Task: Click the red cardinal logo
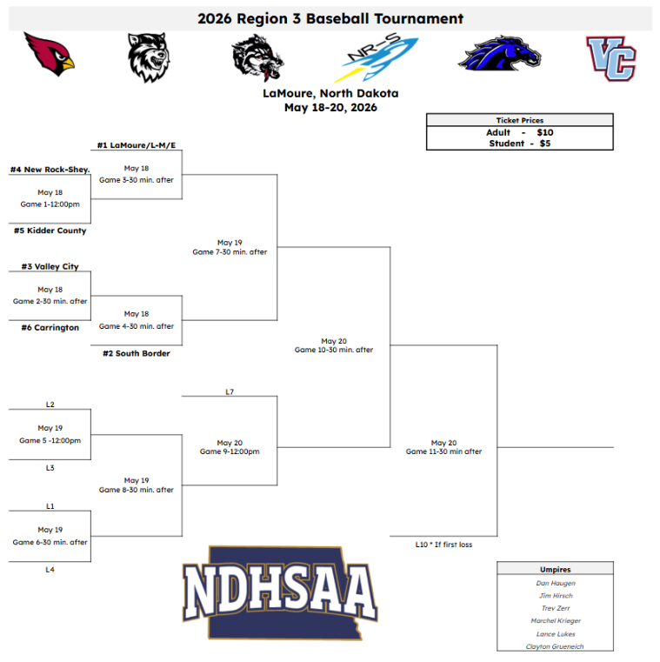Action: pyautogui.click(x=50, y=54)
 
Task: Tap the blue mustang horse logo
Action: pyautogui.click(x=500, y=53)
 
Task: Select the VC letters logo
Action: pyautogui.click(x=611, y=58)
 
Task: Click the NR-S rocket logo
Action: pyautogui.click(x=376, y=57)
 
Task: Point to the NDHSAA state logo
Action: pyautogui.click(x=280, y=592)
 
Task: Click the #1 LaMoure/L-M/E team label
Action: pyautogui.click(x=137, y=145)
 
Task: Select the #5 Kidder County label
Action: pyautogui.click(x=50, y=231)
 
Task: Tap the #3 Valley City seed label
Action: pyautogui.click(x=50, y=266)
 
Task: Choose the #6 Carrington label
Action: pyautogui.click(x=50, y=328)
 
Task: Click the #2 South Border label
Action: pyautogui.click(x=137, y=353)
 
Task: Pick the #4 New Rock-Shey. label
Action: pyautogui.click(x=50, y=170)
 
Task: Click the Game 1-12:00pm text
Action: pyautogui.click(x=50, y=204)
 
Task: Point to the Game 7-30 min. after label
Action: pyautogui.click(x=230, y=252)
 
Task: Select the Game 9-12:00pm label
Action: pyautogui.click(x=230, y=451)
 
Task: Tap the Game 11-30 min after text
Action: pyautogui.click(x=443, y=451)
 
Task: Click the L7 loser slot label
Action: pyautogui.click(x=230, y=392)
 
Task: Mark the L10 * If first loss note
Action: pyautogui.click(x=443, y=545)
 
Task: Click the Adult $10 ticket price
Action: pyautogui.click(x=519, y=132)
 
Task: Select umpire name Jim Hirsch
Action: pyautogui.click(x=556, y=596)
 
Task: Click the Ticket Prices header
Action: pyautogui.click(x=519, y=120)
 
